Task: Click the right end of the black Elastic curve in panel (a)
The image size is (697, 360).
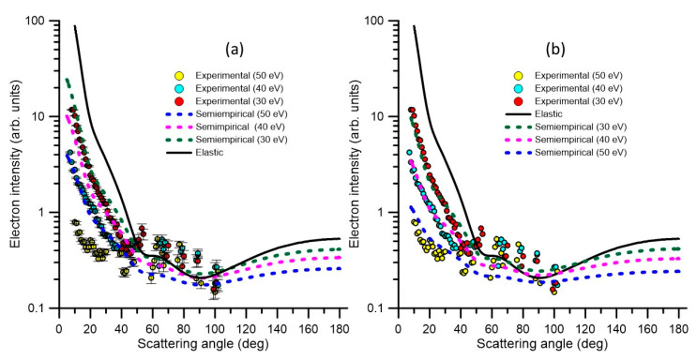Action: (x=340, y=238)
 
